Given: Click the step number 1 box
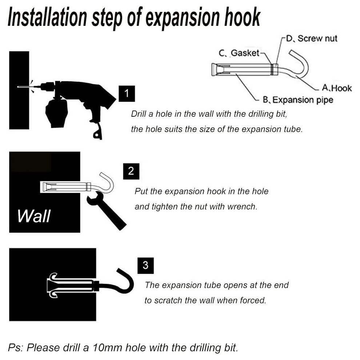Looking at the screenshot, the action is point(127,94).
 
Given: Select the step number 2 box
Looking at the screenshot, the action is point(131,171).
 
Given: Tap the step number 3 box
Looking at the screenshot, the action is point(145,266).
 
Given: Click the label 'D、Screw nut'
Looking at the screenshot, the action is point(312,39).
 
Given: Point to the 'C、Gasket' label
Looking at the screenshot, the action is point(239,53).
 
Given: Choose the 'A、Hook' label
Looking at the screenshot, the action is point(337,88).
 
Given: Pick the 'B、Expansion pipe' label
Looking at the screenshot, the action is point(298,100).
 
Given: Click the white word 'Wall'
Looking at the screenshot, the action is point(34,216).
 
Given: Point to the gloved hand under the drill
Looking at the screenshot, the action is point(57,112).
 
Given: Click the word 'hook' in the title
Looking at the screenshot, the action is point(242,17).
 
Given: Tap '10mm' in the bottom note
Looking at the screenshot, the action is point(107,348).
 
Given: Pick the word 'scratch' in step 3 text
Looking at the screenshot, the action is point(168,300).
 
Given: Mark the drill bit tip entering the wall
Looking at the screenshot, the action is point(18,87).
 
